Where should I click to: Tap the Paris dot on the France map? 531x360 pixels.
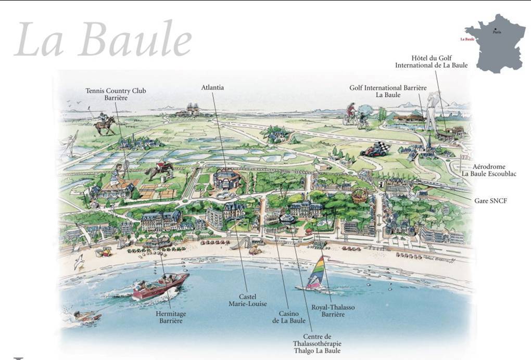pyautogui.click(x=495, y=29)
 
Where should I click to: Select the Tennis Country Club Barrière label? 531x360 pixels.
pyautogui.click(x=116, y=94)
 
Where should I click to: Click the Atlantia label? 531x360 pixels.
pyautogui.click(x=212, y=87)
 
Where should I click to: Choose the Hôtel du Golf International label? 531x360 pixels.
pyautogui.click(x=431, y=61)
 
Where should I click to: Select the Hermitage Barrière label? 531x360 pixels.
pyautogui.click(x=171, y=317)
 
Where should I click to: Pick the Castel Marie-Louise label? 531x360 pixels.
pyautogui.click(x=248, y=300)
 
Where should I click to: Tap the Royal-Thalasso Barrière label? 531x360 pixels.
pyautogui.click(x=333, y=311)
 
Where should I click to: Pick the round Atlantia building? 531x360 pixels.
pyautogui.click(x=226, y=179)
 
